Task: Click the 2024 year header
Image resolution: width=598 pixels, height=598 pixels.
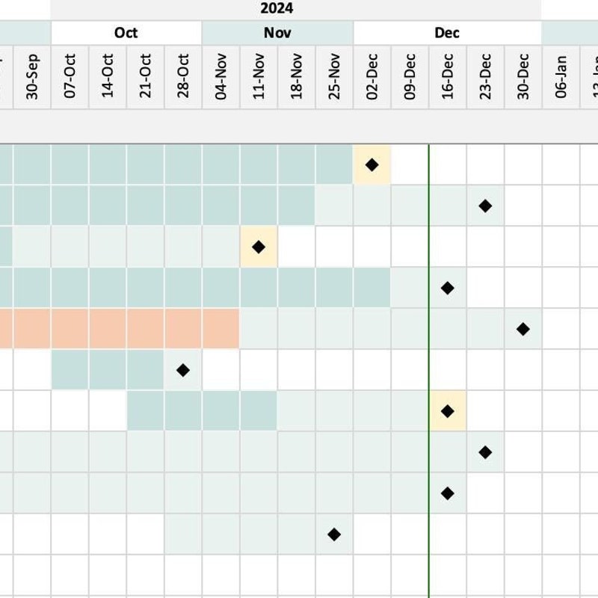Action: [x=277, y=9]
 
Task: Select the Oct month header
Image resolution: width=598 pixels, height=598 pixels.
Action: [x=126, y=33]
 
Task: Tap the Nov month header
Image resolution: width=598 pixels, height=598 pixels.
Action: [x=277, y=33]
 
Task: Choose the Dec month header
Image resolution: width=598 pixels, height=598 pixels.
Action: [x=447, y=33]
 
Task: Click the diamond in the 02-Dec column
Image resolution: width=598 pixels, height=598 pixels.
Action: [x=372, y=164]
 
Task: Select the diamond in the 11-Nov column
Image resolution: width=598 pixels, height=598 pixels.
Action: [x=259, y=247]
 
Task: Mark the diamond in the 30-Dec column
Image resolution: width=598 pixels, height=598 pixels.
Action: [x=523, y=329]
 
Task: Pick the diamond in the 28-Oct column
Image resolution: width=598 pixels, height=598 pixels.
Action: [x=183, y=370]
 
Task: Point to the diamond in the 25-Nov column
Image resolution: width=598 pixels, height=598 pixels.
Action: [x=334, y=534]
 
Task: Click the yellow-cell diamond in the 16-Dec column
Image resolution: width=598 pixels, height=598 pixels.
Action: [x=448, y=411]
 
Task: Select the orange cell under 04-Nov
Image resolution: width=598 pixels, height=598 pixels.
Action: [x=221, y=329]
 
